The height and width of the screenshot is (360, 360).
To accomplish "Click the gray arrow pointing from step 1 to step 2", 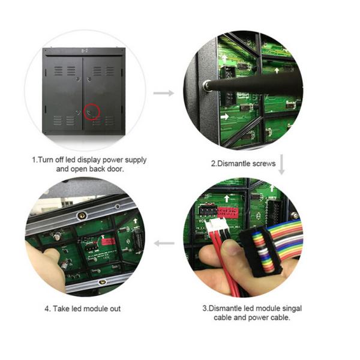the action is tap(164, 93).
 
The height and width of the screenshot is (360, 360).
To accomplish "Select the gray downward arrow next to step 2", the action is tap(282, 164).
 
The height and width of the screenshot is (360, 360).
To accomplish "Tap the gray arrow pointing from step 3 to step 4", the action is tap(164, 243).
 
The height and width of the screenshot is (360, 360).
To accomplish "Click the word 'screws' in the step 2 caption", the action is tap(264, 164).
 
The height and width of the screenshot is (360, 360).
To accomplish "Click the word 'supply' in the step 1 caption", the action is tap(136, 160).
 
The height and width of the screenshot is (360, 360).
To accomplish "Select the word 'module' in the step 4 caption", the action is tap(95, 308).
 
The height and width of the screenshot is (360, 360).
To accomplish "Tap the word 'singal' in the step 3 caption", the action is tap(292, 308).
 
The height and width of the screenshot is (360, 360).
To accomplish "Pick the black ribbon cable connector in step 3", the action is tap(260, 252).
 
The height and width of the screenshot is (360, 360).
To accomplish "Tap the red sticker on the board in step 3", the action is tap(227, 212).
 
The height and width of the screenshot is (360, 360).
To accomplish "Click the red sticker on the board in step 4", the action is tap(108, 242).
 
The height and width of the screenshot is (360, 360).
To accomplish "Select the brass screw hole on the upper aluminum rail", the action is tap(81, 215).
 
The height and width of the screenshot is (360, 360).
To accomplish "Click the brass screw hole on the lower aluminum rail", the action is tap(102, 282).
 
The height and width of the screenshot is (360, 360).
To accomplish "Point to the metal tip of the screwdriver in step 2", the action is tap(206, 85).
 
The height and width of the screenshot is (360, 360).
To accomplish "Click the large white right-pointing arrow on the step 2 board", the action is tap(224, 116).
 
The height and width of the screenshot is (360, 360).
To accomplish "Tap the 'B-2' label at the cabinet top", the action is tap(85, 51).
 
